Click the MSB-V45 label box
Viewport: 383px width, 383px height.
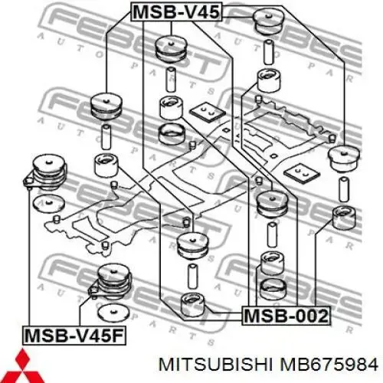tap(176, 11)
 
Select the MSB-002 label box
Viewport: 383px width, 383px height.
tap(286, 316)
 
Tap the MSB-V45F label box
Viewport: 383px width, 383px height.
tap(74, 336)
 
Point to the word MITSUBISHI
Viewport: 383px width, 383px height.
tap(216, 365)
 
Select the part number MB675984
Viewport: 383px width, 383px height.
tap(329, 365)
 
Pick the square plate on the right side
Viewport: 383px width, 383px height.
tap(302, 172)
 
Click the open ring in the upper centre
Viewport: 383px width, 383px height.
tap(172, 134)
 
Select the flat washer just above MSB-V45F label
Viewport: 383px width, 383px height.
tap(113, 313)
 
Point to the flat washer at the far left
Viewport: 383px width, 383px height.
tap(49, 203)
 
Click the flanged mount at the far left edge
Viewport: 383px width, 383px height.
tap(45, 172)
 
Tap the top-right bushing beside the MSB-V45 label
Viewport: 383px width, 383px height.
tap(268, 22)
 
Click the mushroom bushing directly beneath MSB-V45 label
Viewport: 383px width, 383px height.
tap(171, 49)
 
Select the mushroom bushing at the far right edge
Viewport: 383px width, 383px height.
tap(344, 159)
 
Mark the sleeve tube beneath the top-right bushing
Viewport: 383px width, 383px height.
tap(268, 52)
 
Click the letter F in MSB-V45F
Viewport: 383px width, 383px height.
tap(118, 336)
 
